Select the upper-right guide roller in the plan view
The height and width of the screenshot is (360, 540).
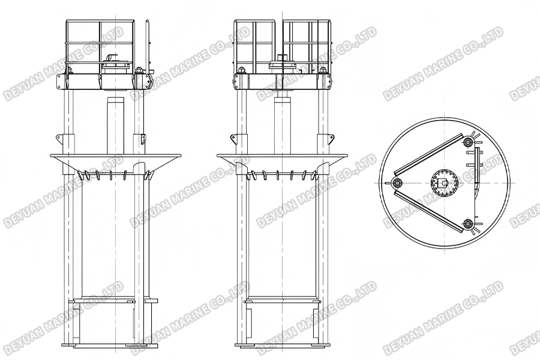coord(469,142)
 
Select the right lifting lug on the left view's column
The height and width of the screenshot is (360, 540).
coord(143,139)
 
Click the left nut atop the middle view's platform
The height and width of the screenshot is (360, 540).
coord(241,71)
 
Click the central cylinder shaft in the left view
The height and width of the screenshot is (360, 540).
coord(115,123)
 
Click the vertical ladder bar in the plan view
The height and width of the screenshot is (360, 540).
coord(478,165)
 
